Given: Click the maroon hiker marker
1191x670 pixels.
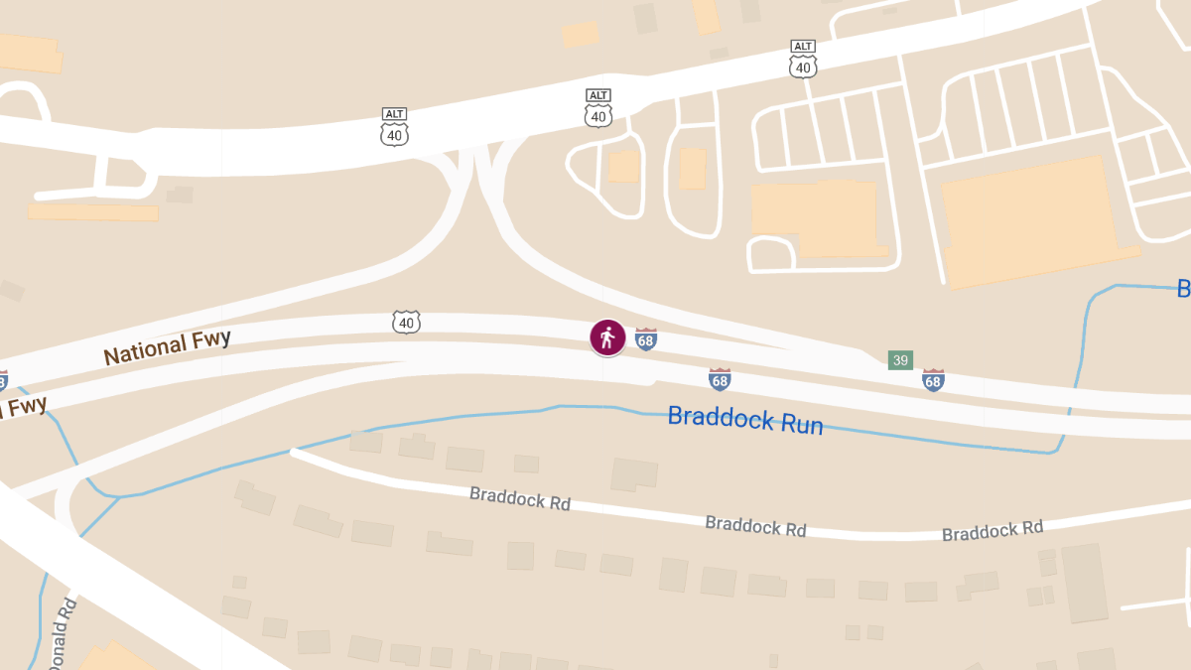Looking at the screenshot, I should (607, 338).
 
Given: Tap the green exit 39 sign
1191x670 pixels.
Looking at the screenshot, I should (900, 360).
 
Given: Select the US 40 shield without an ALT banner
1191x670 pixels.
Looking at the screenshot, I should (406, 322).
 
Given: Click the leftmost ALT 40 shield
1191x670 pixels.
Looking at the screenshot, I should (394, 129).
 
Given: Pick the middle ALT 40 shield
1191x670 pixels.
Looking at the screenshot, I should (597, 110).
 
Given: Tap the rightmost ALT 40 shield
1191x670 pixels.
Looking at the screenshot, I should (803, 61).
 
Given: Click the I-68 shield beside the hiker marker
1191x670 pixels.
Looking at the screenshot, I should (646, 339).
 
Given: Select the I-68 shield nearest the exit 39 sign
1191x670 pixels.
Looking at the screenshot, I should (933, 379).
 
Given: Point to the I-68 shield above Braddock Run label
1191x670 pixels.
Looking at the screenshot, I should (720, 378).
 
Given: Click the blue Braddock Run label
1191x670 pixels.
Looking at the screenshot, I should (745, 420).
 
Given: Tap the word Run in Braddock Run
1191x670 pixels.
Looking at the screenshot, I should (802, 424).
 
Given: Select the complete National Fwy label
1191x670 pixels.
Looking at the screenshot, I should (167, 347).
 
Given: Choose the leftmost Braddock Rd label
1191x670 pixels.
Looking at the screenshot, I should (520, 498).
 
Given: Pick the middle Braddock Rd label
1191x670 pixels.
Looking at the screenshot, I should (755, 526).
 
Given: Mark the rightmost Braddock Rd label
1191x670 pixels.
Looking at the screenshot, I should (992, 531).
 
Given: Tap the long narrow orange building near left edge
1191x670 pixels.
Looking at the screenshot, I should (92, 211).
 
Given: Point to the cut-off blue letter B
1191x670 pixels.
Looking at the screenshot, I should (1183, 289).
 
